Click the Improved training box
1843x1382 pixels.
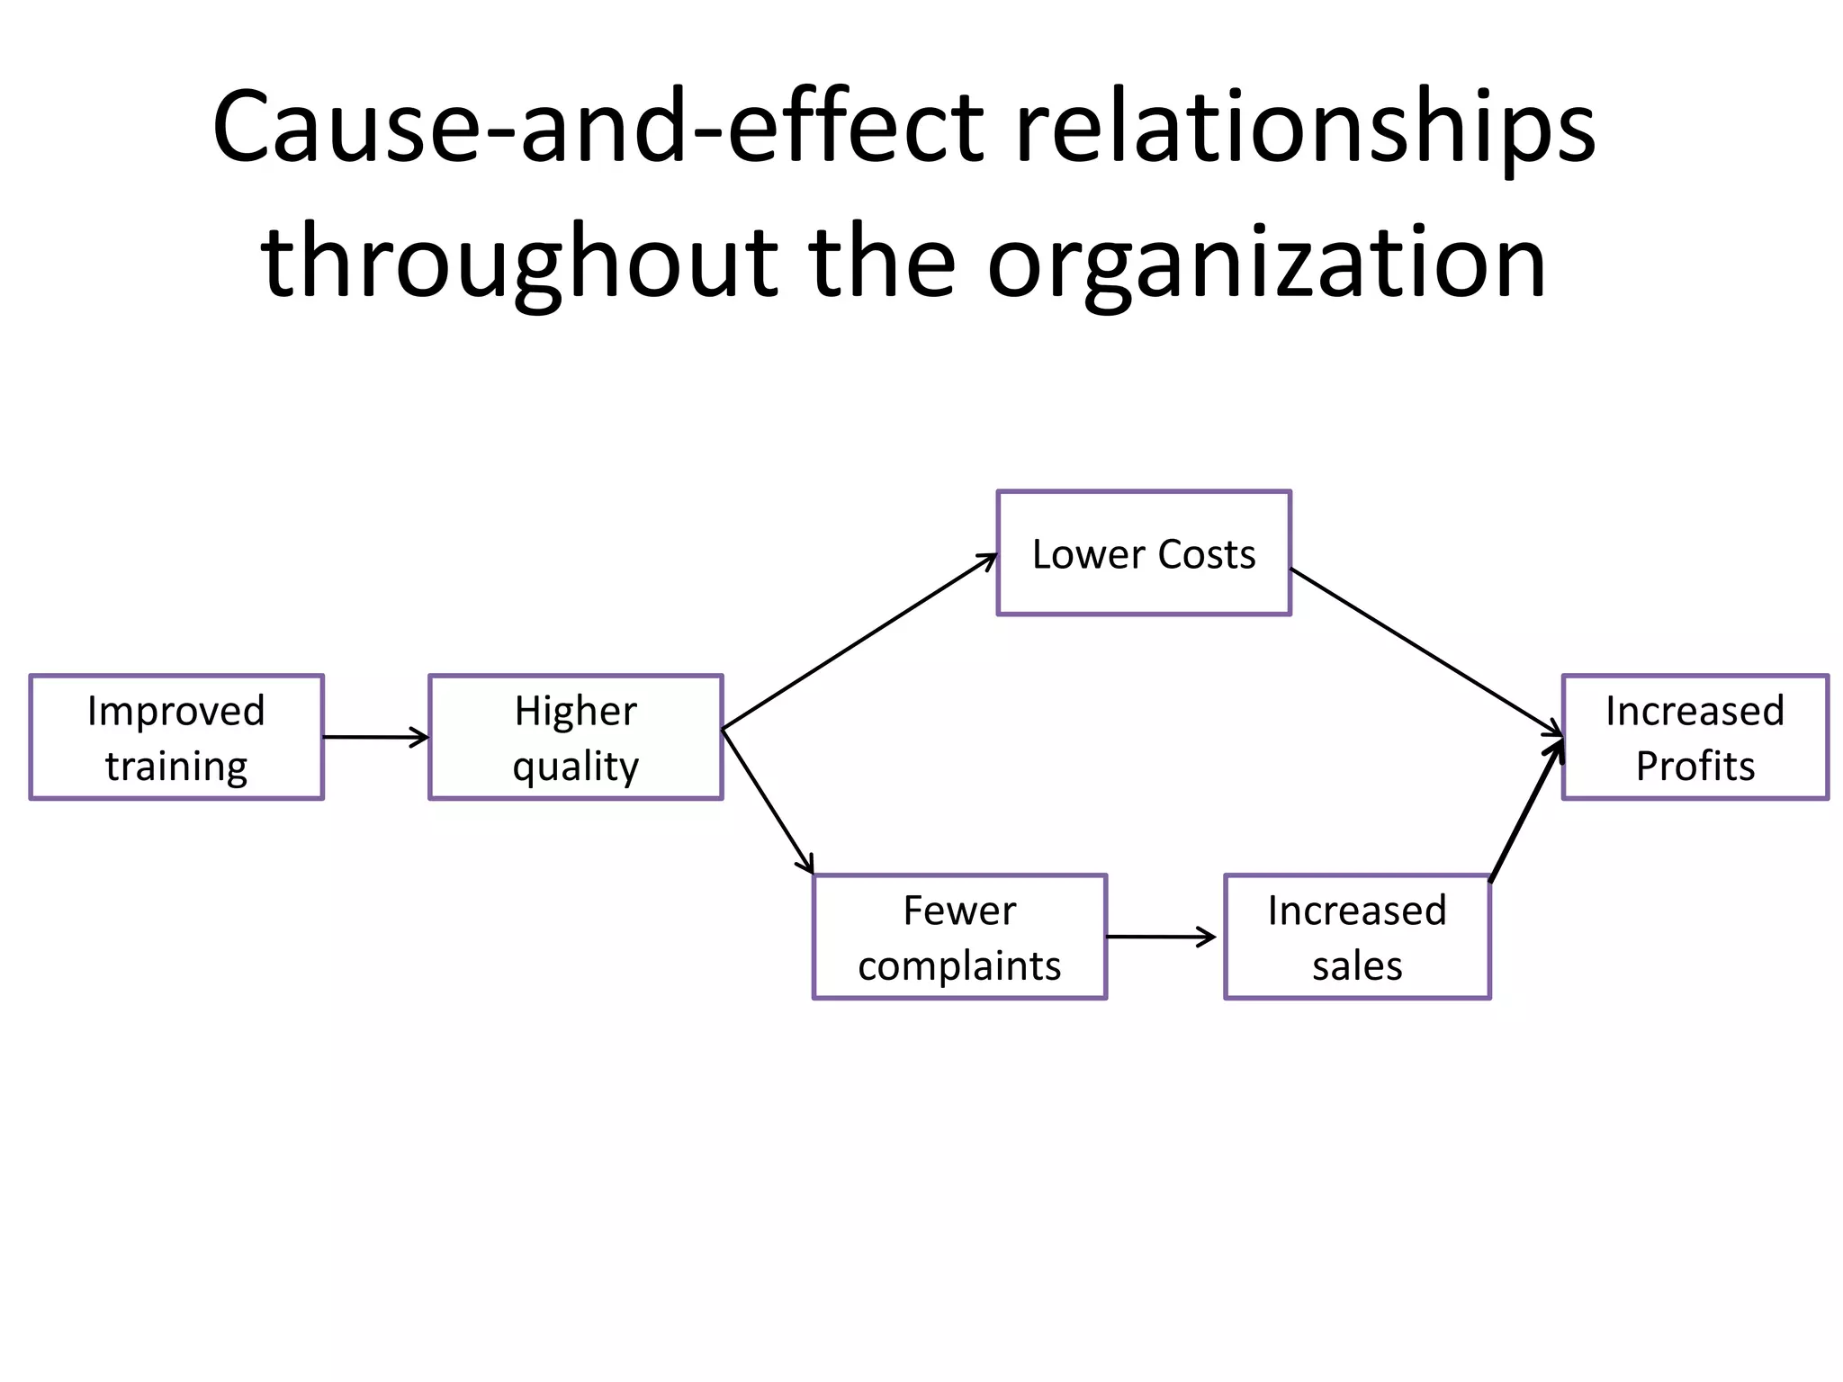(176, 737)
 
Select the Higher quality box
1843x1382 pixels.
(576, 737)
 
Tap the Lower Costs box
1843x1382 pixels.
(1144, 553)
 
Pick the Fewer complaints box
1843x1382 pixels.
(959, 937)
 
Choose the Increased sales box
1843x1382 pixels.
(1357, 937)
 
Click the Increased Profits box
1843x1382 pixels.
(1695, 737)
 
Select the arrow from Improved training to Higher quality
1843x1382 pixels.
(375, 737)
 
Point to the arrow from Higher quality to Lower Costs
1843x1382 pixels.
(859, 642)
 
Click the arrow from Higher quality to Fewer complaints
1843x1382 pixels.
(768, 801)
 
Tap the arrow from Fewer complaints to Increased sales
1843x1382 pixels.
(1161, 937)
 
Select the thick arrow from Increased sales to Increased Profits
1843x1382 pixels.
(1527, 810)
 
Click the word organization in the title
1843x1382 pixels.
(1266, 263)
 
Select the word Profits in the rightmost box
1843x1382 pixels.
(1695, 767)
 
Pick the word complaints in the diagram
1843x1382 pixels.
(959, 966)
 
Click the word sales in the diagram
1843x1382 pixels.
(1357, 966)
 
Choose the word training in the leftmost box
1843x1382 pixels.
(176, 767)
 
